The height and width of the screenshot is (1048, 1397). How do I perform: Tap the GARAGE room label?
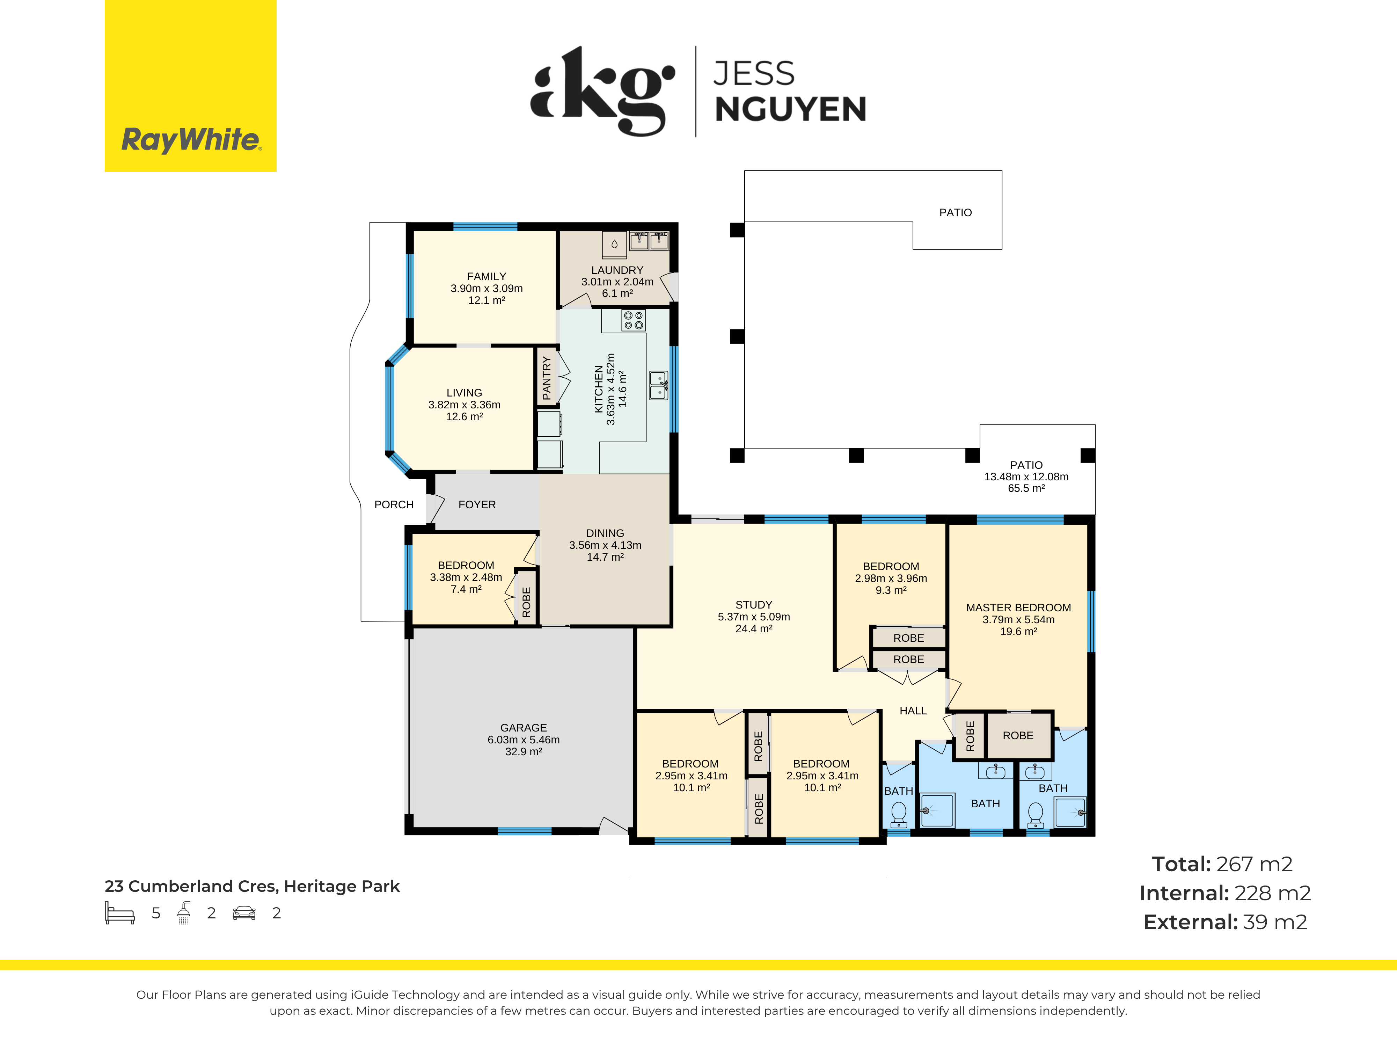coord(524,728)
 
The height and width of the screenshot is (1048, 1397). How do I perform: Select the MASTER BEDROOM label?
coord(1018,608)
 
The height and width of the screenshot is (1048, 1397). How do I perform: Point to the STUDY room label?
coord(753,605)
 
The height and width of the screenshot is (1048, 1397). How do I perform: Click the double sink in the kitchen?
coord(658,385)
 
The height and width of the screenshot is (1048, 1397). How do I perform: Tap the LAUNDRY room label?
coord(617,270)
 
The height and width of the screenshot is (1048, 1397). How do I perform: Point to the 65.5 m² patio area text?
coord(1026,488)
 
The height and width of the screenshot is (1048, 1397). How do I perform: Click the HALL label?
coord(913,711)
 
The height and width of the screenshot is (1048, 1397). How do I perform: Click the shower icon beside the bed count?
coord(184,913)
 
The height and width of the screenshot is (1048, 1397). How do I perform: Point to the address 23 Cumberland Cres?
coord(192,886)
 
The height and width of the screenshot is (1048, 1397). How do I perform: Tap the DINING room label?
coord(605,533)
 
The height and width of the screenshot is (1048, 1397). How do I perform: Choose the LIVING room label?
coord(464,393)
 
